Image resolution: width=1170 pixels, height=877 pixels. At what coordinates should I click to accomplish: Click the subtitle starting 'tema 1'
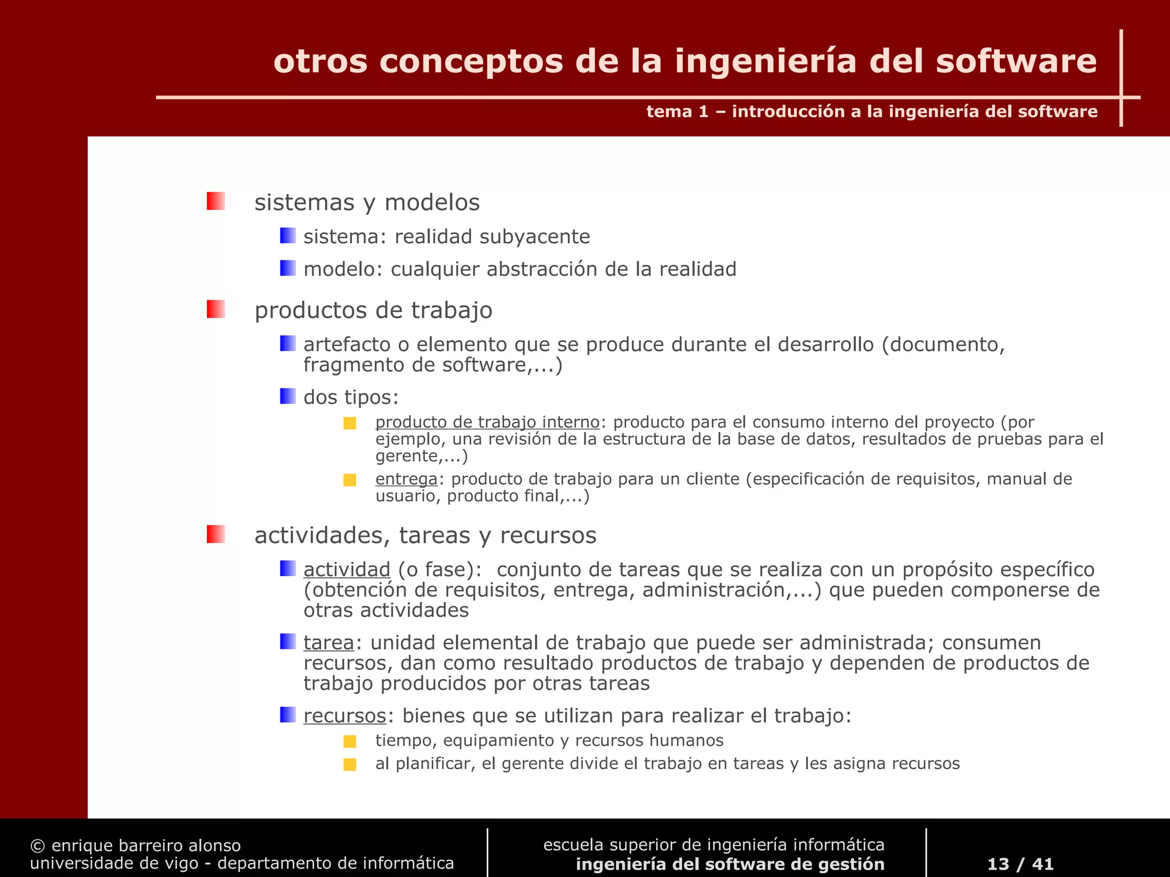point(872,111)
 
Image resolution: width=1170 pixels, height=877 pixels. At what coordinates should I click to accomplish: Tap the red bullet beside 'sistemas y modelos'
point(215,201)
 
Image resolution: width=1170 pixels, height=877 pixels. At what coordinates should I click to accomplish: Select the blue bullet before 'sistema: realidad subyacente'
point(287,235)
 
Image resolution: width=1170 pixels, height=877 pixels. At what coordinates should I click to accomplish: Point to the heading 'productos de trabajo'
point(373,310)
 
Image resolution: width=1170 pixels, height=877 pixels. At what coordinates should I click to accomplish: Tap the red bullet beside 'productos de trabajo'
point(215,309)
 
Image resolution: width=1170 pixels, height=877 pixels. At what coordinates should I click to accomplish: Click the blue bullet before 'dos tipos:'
point(287,396)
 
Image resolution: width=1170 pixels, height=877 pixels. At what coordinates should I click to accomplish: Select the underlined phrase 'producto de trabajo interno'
point(487,422)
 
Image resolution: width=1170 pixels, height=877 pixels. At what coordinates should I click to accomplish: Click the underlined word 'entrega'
point(406,478)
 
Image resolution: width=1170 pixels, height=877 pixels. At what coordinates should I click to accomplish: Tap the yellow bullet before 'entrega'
point(350,480)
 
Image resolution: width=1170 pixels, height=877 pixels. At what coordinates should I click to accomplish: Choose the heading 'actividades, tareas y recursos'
point(425,535)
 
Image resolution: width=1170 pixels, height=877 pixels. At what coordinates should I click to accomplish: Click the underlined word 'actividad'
point(347,569)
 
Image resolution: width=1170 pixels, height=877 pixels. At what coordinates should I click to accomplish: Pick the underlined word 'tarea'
point(328,642)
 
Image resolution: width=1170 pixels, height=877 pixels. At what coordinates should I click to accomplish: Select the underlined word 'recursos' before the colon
point(345,715)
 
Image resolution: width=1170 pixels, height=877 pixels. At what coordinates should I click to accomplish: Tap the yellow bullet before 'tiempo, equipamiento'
point(350,741)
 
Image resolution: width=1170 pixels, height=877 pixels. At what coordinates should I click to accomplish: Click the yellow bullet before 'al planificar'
point(350,765)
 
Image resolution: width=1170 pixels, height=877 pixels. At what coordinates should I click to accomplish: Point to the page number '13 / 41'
point(1020,863)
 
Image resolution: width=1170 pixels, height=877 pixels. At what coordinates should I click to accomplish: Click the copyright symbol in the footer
point(38,846)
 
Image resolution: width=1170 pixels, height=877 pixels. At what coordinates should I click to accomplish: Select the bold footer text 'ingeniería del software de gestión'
point(730,864)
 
